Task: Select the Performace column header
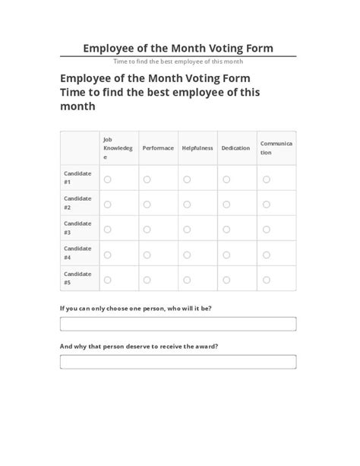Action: (157, 148)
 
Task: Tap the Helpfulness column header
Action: (197, 148)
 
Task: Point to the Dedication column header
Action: (235, 148)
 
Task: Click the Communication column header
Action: (276, 147)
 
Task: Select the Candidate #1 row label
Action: (77, 179)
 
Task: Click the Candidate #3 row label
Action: (77, 228)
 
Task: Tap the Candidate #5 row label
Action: (77, 279)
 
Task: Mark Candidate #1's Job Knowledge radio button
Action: (107, 179)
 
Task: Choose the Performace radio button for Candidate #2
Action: (147, 204)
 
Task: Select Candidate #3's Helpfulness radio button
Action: (187, 230)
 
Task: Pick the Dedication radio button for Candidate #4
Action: (226, 255)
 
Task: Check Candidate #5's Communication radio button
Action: (266, 280)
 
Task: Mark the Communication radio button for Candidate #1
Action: (266, 179)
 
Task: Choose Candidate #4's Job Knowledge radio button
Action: (107, 255)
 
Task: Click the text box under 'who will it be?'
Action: (178, 324)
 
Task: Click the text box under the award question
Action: (178, 362)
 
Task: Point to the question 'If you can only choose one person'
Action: (135, 308)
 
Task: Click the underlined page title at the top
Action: (178, 48)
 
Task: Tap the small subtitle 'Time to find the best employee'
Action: (178, 62)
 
